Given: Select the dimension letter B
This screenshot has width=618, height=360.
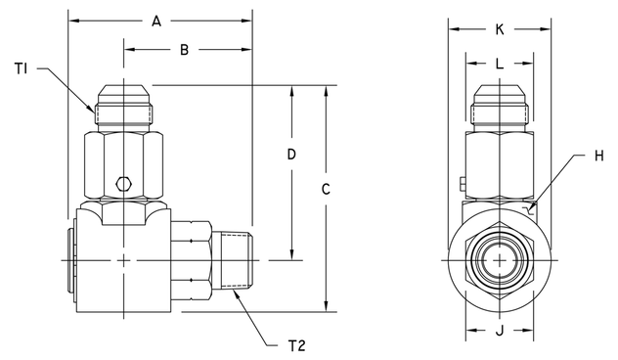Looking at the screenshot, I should click(184, 49).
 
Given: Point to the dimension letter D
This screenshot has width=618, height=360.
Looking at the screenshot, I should click(290, 156).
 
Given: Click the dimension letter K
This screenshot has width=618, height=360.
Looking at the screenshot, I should click(499, 29).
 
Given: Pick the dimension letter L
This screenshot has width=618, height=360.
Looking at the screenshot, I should click(499, 64).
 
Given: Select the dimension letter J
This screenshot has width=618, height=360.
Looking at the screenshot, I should click(499, 330).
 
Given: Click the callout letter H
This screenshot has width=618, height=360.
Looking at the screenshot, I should click(598, 155).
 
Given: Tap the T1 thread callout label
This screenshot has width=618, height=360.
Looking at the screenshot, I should click(21, 67).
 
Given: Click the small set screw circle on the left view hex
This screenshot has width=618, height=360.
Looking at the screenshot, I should click(122, 183).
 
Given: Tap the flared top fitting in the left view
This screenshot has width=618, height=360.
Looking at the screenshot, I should click(124, 105).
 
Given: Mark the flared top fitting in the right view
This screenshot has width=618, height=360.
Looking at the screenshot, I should click(499, 105).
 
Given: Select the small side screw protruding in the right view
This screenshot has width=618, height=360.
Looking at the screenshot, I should click(459, 181).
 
